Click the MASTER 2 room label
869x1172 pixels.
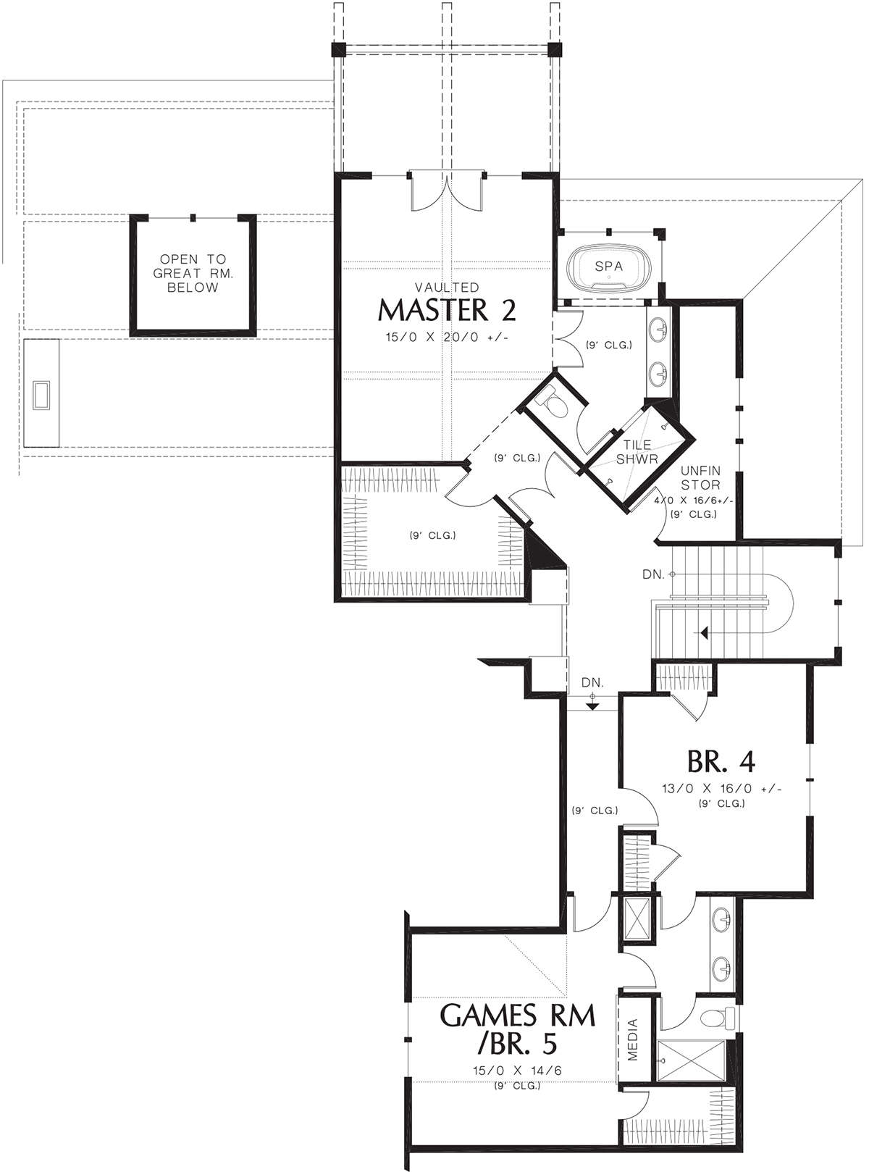446,310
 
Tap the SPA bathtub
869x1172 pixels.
608,269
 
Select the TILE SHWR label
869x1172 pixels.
637,452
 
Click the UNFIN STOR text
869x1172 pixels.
700,477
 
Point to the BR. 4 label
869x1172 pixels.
721,762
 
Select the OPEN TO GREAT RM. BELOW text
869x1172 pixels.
193,273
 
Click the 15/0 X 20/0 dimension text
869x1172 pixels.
447,337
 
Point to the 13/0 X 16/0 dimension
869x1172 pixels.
721,789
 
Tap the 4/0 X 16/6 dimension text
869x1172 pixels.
694,501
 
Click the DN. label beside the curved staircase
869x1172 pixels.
653,574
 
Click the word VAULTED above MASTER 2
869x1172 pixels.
447,288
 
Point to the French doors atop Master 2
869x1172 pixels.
446,191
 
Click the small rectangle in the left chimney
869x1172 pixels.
41,395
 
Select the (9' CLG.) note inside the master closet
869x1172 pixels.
432,535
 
